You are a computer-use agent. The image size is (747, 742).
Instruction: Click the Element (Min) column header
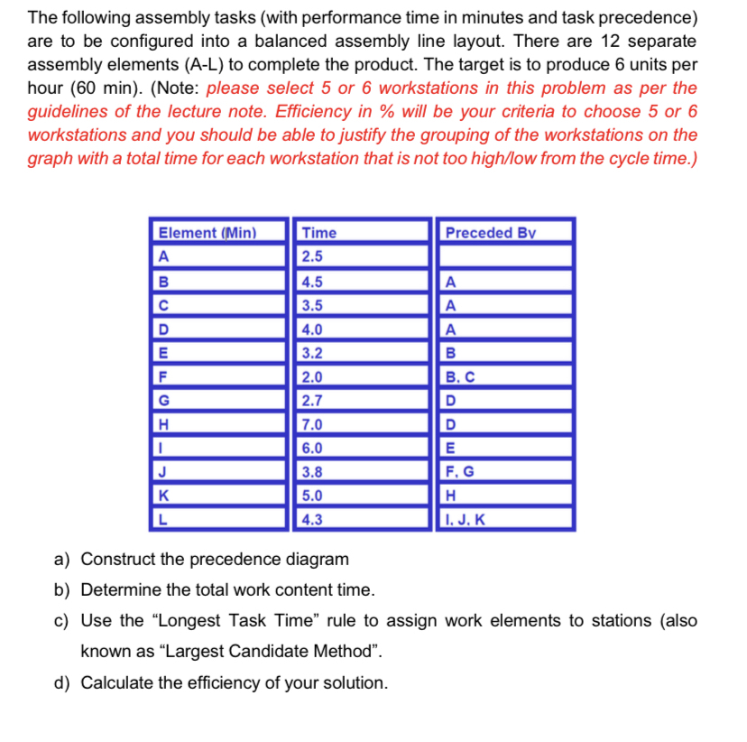point(207,233)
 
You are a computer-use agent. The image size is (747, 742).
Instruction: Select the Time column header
point(319,233)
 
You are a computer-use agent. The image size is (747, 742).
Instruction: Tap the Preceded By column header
point(490,233)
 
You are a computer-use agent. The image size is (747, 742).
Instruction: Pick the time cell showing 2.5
point(313,255)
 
